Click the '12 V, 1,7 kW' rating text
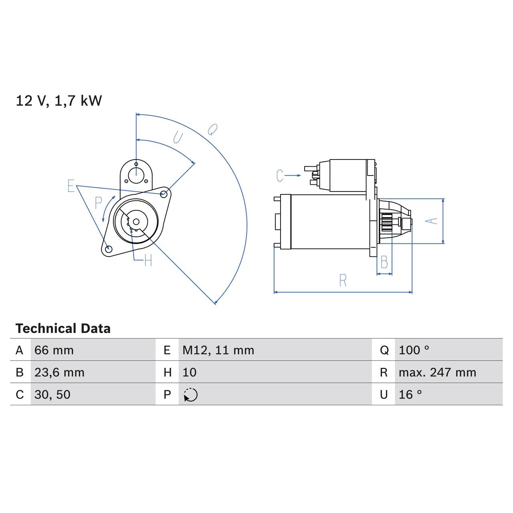click(59, 101)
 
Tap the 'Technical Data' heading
click(63, 329)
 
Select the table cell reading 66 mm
click(54, 350)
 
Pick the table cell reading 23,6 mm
click(59, 372)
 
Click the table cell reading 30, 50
click(53, 395)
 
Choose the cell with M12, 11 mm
click(218, 350)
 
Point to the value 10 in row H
click(190, 372)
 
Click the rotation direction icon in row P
click(191, 395)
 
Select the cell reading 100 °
click(414, 350)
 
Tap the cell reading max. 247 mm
click(437, 372)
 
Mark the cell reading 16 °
click(410, 395)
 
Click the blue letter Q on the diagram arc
click(212, 129)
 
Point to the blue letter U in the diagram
click(178, 138)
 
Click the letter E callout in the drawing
click(71, 186)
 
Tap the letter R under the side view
click(343, 281)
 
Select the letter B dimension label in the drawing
click(384, 263)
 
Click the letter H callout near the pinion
click(148, 261)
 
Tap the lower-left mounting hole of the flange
click(107, 249)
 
